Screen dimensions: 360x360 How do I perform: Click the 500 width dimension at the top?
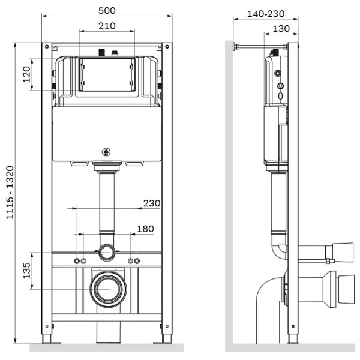pos(107,10)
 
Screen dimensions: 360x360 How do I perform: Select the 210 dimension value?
pos(107,26)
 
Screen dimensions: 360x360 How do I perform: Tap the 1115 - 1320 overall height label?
pos(10,193)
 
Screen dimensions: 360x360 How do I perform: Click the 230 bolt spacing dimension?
pos(152,203)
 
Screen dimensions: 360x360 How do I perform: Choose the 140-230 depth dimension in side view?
pos(266,12)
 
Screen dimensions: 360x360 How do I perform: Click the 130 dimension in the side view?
pos(281,28)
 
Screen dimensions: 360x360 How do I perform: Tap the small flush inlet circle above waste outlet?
pos(107,252)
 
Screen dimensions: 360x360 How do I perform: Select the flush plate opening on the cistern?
pos(107,74)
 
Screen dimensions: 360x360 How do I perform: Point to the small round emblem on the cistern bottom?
pos(107,152)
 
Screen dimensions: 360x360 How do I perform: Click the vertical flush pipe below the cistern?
pos(107,201)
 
